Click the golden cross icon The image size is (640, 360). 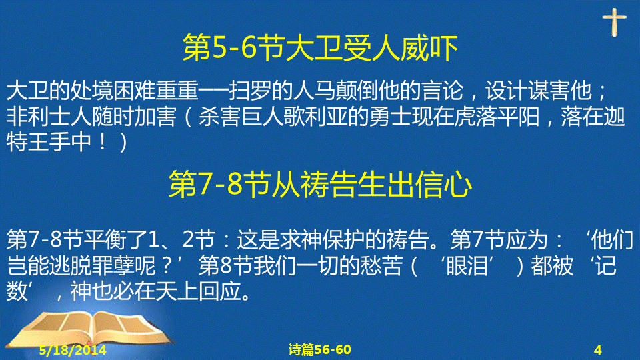click(614, 23)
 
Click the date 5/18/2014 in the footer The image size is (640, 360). click(73, 350)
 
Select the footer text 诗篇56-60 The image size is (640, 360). click(319, 349)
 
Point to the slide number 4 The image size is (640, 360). click(598, 350)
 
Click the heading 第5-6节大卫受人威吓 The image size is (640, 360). click(320, 48)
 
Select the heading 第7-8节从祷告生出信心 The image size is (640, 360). click(321, 185)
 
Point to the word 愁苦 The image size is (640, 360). click(381, 266)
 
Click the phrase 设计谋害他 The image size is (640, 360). click(539, 91)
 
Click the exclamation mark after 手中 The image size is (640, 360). click(103, 142)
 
